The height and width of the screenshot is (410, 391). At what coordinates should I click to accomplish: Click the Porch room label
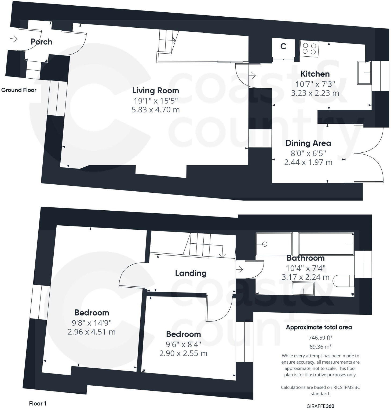pyautogui.click(x=41, y=42)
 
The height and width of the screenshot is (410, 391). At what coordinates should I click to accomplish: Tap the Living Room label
pyautogui.click(x=156, y=90)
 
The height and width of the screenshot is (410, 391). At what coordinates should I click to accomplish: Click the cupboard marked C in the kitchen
pyautogui.click(x=283, y=46)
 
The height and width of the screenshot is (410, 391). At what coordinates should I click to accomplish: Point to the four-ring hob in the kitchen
pyautogui.click(x=309, y=49)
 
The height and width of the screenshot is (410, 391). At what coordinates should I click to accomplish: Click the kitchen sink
pyautogui.click(x=364, y=73)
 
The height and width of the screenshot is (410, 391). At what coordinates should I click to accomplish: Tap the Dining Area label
pyautogui.click(x=308, y=143)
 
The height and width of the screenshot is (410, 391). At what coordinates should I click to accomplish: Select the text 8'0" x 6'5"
pyautogui.click(x=308, y=153)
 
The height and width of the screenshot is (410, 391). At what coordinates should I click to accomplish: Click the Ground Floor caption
pyautogui.click(x=19, y=90)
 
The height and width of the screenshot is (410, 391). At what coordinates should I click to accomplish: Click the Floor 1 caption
pyautogui.click(x=38, y=403)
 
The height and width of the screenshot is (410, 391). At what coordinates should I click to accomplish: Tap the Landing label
pyautogui.click(x=191, y=273)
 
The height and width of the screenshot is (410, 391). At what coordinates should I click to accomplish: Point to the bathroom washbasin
pyautogui.click(x=303, y=288)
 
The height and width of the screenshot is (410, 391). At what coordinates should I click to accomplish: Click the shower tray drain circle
pyautogui.click(x=265, y=244)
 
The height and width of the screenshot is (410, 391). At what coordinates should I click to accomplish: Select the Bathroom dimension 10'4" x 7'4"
pyautogui.click(x=306, y=268)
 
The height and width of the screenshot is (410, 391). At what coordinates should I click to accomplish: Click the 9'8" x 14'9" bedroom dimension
pyautogui.click(x=92, y=322)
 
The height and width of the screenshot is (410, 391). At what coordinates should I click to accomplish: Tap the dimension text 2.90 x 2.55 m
pyautogui.click(x=183, y=353)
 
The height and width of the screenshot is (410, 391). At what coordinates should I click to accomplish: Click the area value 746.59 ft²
pyautogui.click(x=320, y=337)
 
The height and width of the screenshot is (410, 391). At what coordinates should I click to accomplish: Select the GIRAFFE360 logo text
pyautogui.click(x=320, y=406)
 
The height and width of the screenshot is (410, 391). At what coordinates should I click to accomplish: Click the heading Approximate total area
pyautogui.click(x=319, y=327)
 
